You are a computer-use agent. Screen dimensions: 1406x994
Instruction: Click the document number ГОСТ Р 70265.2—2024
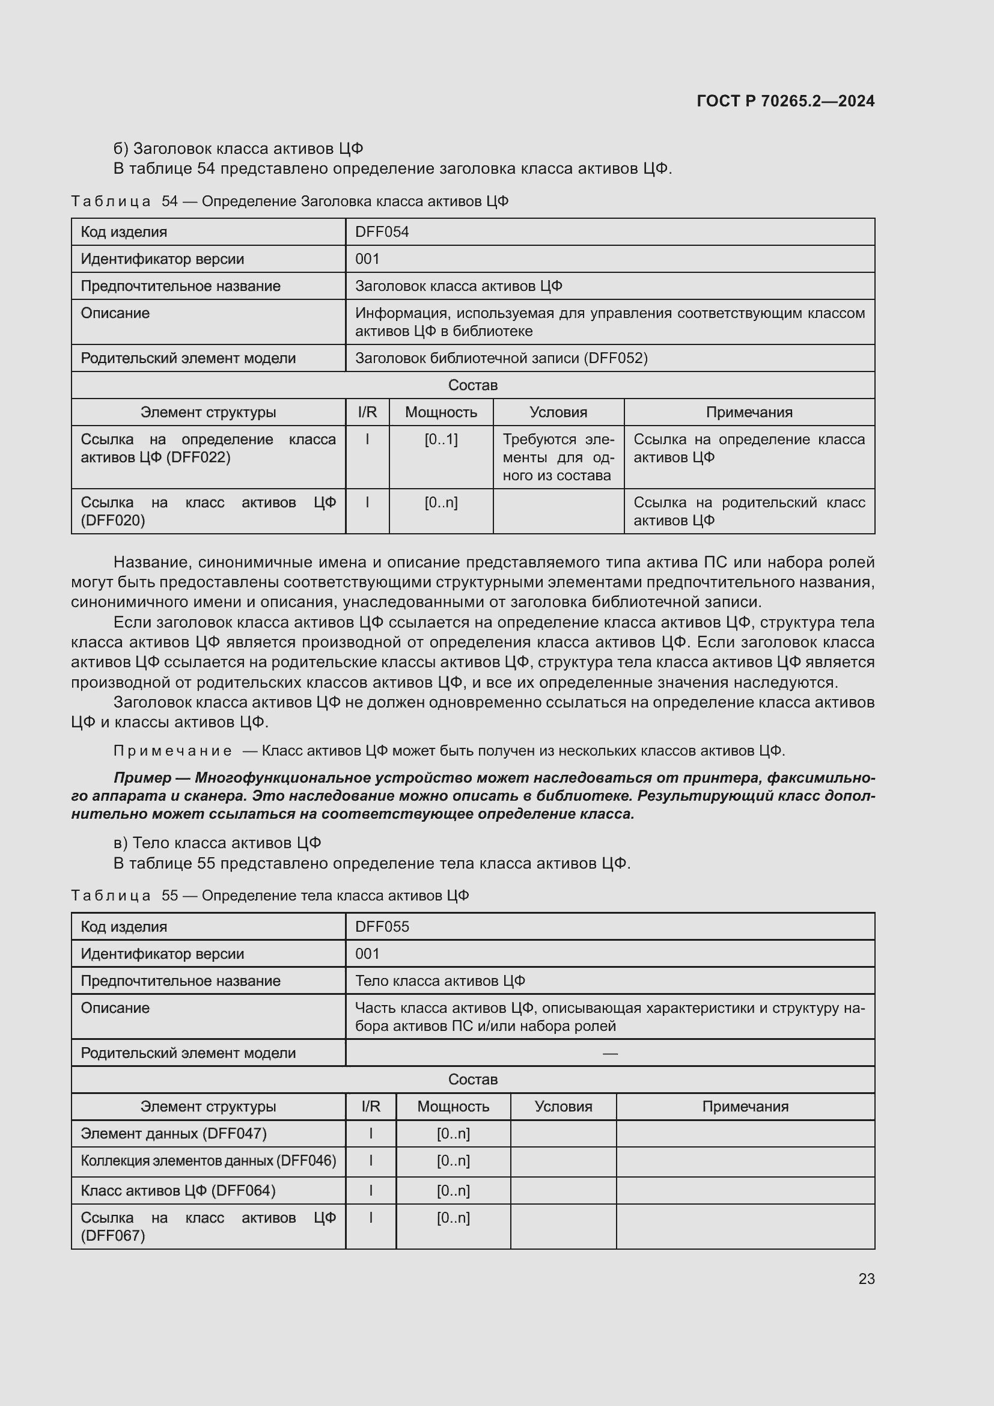785,101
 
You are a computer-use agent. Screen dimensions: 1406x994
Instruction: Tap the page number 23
866,1279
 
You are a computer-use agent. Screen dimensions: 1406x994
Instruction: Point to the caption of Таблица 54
290,201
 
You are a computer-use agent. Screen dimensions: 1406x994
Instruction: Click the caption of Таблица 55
270,895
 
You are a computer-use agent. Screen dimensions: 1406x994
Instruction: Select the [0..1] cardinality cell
441,439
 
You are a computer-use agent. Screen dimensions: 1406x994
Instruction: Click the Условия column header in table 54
558,412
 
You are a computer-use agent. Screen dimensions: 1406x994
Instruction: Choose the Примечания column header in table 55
745,1107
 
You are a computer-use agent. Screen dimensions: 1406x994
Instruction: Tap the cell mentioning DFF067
208,1227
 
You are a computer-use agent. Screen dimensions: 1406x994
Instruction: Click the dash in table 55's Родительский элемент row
609,1053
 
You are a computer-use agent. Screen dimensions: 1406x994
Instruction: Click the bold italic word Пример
142,778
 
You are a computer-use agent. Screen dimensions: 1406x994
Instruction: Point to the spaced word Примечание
172,751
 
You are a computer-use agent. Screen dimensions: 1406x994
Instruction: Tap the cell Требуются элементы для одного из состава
558,457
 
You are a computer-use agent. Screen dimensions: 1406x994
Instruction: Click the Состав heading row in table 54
472,385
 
